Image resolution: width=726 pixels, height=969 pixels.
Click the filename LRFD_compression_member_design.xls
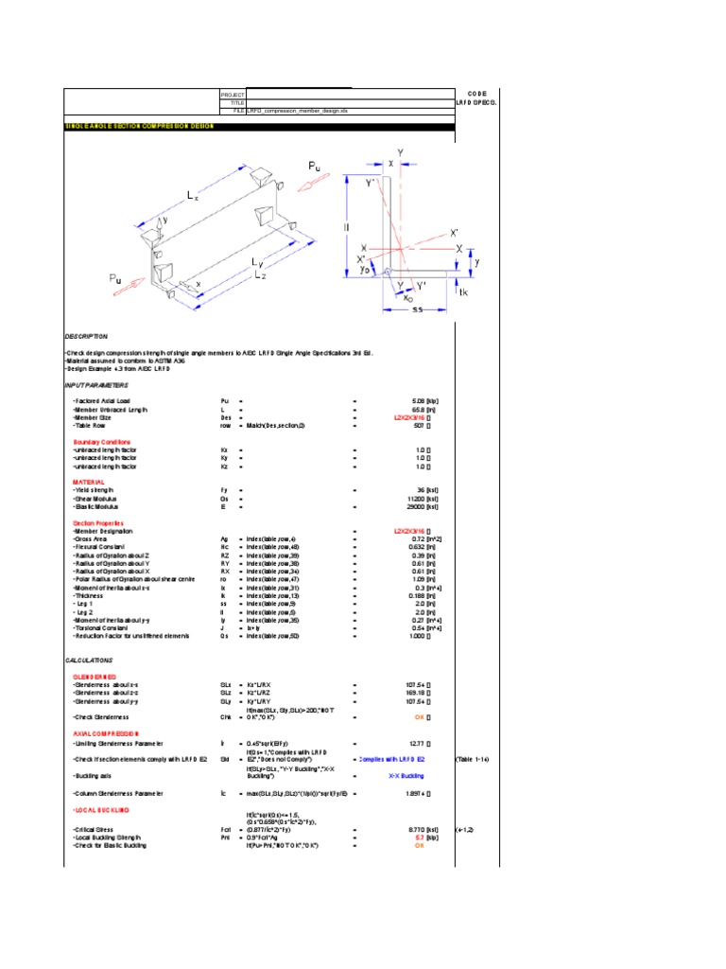291,111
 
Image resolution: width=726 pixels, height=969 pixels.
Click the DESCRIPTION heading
86,336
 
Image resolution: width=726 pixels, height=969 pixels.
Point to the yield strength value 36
422,489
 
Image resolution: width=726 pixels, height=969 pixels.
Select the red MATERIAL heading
89,482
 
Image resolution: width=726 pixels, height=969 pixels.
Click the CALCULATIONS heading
89,660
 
